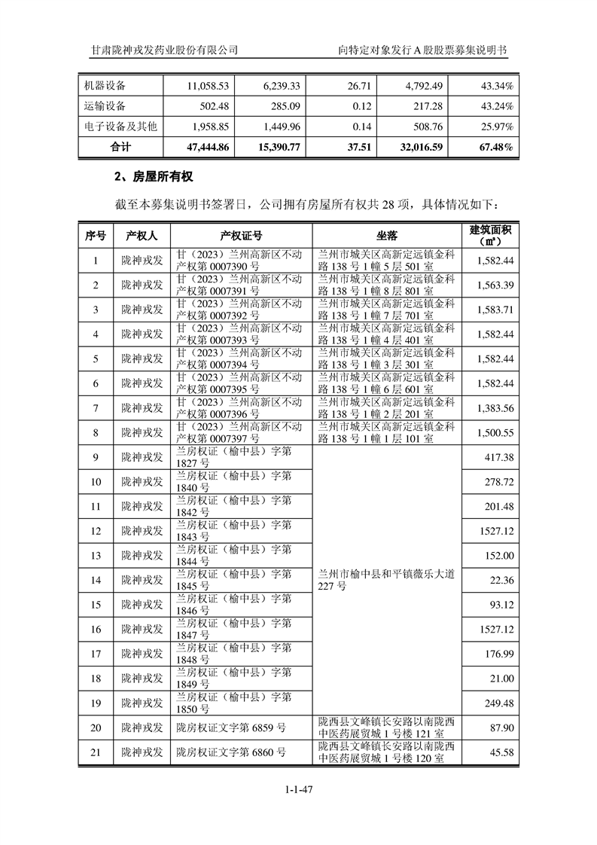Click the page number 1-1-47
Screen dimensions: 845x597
coord(298,789)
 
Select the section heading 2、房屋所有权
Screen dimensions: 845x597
coord(154,177)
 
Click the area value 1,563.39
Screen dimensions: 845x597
coord(495,285)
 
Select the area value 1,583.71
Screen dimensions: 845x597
coord(495,310)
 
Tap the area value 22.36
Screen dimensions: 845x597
coord(501,579)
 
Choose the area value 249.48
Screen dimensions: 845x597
coord(498,703)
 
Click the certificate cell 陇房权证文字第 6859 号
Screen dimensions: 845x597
coord(231,728)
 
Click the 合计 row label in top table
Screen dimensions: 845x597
coord(120,147)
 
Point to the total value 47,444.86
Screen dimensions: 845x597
coord(203,147)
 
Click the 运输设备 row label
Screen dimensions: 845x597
coord(105,105)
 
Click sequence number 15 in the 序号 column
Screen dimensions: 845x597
coord(96,604)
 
